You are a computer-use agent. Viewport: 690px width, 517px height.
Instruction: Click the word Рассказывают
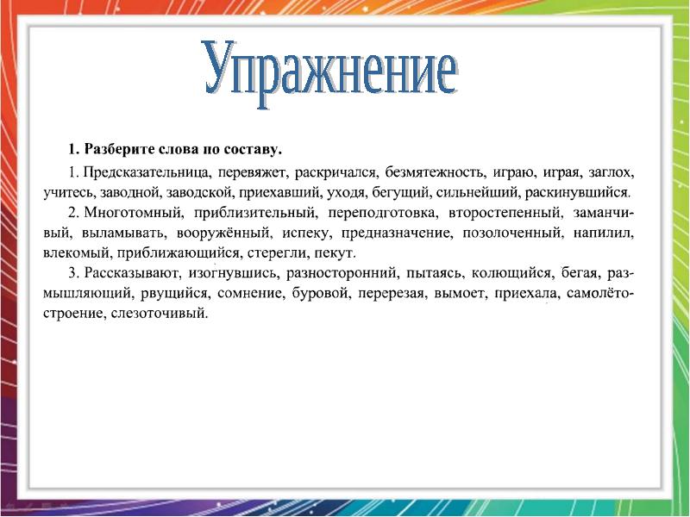point(133,275)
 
